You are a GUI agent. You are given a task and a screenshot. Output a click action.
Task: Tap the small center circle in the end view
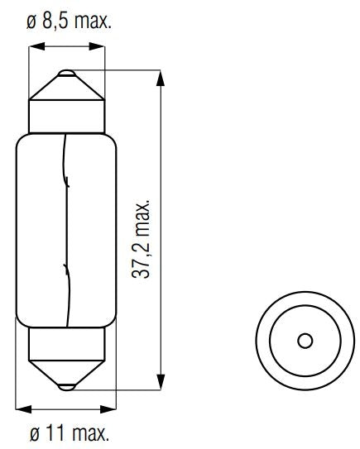[304, 342]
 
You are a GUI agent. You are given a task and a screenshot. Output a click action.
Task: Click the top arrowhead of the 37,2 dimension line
[160, 77]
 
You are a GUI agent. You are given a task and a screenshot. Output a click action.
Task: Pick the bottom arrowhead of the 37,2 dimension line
[160, 384]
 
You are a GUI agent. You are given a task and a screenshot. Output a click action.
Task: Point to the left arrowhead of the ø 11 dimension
[21, 408]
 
